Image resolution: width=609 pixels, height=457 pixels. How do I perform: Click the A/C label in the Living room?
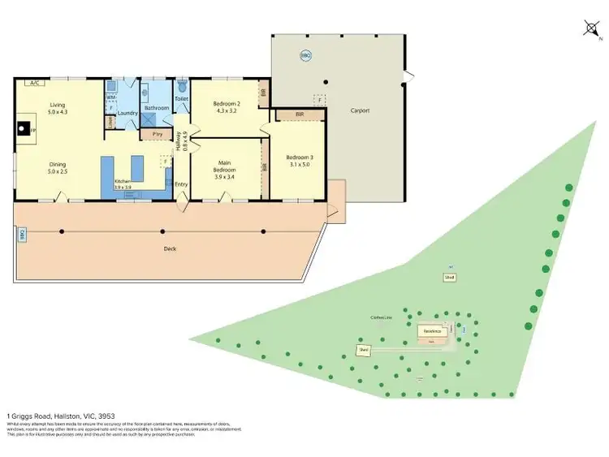[34, 83]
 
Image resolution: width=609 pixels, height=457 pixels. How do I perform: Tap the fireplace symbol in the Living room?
[25, 127]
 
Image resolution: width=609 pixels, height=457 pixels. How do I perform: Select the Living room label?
[57, 108]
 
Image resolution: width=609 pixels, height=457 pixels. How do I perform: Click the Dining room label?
[57, 167]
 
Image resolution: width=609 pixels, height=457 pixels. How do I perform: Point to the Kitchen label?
[122, 184]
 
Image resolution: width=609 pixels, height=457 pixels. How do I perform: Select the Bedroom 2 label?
[226, 107]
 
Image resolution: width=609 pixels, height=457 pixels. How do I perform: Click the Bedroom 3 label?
[299, 161]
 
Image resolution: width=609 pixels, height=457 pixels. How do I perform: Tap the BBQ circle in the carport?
[305, 55]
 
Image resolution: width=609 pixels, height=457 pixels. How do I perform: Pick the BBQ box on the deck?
[22, 234]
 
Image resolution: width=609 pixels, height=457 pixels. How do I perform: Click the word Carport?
[360, 110]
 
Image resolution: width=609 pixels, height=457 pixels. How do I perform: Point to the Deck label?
[170, 248]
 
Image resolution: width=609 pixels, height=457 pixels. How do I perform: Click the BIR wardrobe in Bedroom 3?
[300, 115]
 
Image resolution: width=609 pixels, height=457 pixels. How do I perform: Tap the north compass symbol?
[591, 29]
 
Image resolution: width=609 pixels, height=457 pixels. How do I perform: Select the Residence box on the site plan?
[432, 331]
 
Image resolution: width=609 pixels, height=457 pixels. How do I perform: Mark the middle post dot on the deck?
[162, 232]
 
